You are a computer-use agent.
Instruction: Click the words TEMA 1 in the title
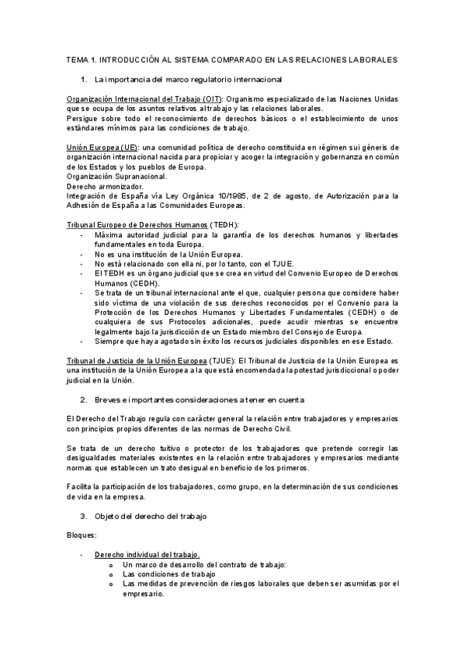click(x=80, y=59)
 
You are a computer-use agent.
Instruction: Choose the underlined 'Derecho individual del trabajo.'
click(x=147, y=555)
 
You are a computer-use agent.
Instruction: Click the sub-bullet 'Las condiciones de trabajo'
click(x=168, y=574)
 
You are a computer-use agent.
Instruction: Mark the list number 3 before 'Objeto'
click(x=83, y=516)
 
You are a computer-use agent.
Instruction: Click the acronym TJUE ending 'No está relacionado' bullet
click(x=252, y=264)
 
